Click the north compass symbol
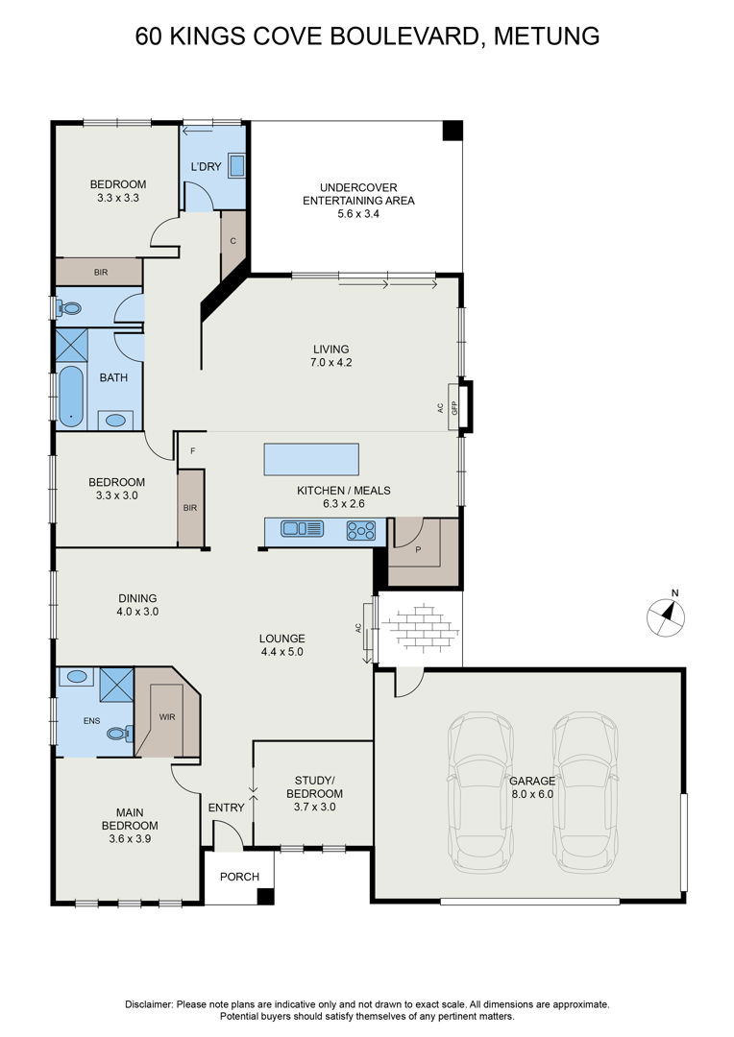[666, 615]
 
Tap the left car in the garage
[481, 792]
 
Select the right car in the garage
[586, 792]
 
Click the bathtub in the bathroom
[71, 397]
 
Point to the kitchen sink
[302, 528]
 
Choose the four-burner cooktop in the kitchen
[361, 530]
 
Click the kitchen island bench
[311, 460]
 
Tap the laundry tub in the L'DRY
[237, 165]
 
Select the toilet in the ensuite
[119, 734]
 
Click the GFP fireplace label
[454, 407]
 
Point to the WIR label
[167, 717]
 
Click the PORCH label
[239, 877]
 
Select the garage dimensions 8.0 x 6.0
[531, 794]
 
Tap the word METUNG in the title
[547, 36]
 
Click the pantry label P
[418, 548]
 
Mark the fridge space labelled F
[192, 451]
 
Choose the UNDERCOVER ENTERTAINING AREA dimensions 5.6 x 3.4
[358, 213]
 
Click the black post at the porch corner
[265, 896]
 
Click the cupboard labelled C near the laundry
[232, 241]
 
